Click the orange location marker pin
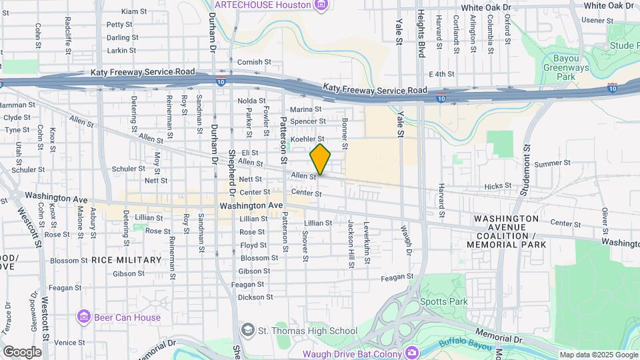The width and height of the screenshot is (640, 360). point(320,159)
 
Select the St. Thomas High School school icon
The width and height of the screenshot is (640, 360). point(247,330)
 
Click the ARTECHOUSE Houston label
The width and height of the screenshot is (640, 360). point(263,5)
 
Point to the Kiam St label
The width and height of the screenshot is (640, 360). point(133,12)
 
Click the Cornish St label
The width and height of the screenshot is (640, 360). point(254,62)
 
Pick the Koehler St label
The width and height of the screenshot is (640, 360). point(307,139)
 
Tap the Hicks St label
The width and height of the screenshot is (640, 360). point(497,187)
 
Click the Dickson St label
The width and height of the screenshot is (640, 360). point(256,297)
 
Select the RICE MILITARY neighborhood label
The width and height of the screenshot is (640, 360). point(126,260)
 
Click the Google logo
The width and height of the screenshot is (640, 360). point(22,352)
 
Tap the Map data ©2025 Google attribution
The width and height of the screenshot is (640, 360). point(598,355)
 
